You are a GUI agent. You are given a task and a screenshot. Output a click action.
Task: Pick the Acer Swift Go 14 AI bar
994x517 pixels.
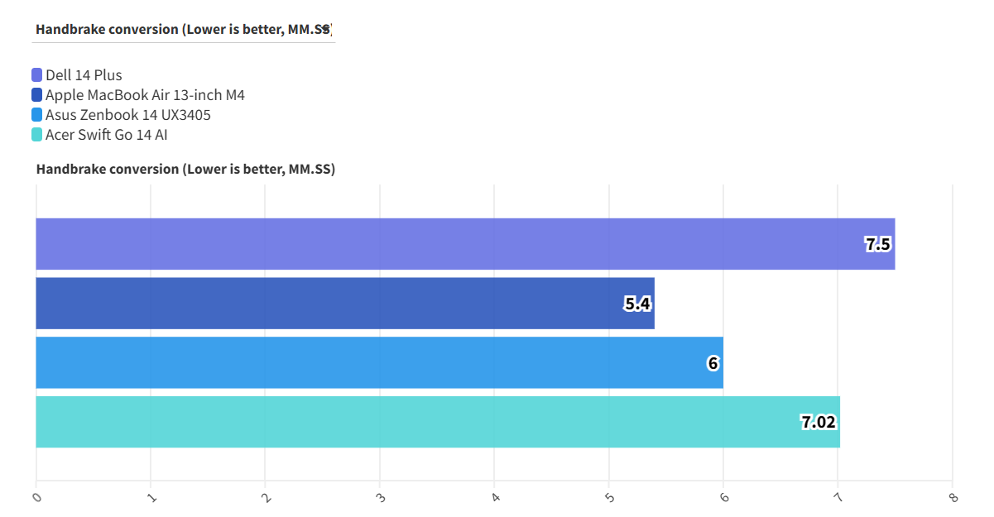438,422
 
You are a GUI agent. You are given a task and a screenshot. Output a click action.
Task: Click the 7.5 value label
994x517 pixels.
878,244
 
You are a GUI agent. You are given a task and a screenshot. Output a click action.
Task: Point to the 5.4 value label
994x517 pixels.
637,304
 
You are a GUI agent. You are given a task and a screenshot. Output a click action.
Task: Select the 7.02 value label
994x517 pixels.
819,422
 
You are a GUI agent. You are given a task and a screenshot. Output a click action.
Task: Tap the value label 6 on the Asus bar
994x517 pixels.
713,362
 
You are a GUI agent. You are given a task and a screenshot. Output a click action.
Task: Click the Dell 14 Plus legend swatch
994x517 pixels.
37,75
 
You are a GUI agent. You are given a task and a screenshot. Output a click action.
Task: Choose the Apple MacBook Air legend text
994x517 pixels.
145,95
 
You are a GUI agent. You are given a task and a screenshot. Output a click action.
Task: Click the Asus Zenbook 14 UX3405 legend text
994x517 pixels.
128,115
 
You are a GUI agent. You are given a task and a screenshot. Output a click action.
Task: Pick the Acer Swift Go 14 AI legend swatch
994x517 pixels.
37,135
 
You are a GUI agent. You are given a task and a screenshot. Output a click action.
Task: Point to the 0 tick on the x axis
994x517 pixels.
36,497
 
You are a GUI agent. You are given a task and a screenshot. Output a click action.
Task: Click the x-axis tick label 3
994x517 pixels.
380,497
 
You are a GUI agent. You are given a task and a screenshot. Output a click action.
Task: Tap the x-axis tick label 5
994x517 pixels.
609,497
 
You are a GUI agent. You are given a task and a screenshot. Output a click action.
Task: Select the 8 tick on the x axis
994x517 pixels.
953,497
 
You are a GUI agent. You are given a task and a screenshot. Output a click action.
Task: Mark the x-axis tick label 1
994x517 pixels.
151,497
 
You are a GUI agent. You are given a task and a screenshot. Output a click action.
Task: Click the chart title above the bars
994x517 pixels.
185,170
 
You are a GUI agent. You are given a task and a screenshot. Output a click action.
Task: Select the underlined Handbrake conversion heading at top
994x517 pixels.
183,29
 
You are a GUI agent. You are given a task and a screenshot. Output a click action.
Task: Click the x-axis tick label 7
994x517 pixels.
838,497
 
